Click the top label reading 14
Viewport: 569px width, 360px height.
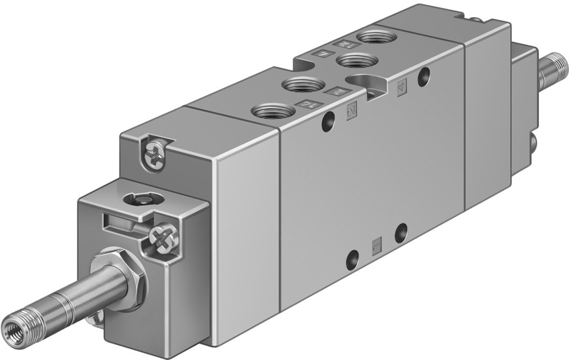click(308, 104)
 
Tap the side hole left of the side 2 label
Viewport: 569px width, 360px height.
click(327, 121)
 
